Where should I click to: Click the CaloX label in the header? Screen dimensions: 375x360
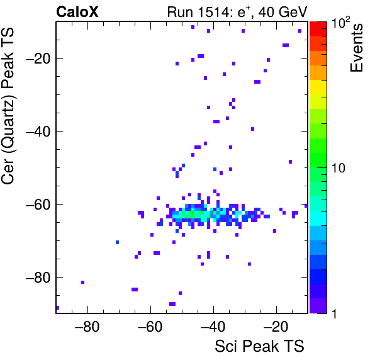click(77, 12)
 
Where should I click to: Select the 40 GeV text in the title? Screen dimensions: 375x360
click(283, 12)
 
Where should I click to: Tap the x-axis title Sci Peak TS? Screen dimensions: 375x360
click(259, 346)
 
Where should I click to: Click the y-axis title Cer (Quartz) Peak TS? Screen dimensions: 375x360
click(8, 106)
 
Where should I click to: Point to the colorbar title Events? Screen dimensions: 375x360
click(356, 48)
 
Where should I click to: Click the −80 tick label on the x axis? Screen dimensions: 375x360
click(87, 327)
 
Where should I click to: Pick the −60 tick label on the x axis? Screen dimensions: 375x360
click(150, 327)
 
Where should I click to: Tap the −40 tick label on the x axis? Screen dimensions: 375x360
click(213, 327)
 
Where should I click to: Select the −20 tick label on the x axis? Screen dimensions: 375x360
click(276, 327)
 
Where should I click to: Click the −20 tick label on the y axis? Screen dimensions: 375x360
click(38, 59)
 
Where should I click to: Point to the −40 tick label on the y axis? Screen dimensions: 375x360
click(38, 132)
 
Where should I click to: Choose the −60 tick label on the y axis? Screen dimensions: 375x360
click(38, 205)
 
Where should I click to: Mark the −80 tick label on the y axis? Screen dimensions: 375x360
click(38, 277)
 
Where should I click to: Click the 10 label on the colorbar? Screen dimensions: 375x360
click(338, 169)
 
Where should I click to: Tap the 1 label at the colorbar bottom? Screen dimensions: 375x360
click(335, 313)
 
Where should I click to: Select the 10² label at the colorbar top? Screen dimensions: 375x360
click(340, 23)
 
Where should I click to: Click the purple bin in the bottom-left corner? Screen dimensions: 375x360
click(58, 308)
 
